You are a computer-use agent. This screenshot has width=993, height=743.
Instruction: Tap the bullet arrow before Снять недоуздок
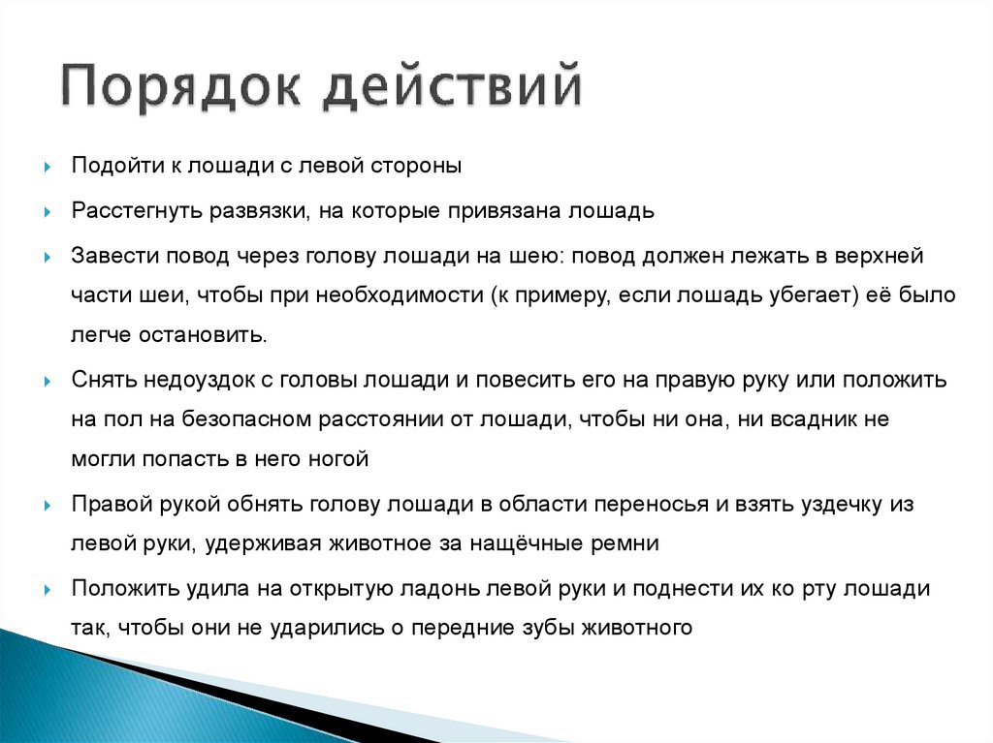(x=48, y=381)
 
